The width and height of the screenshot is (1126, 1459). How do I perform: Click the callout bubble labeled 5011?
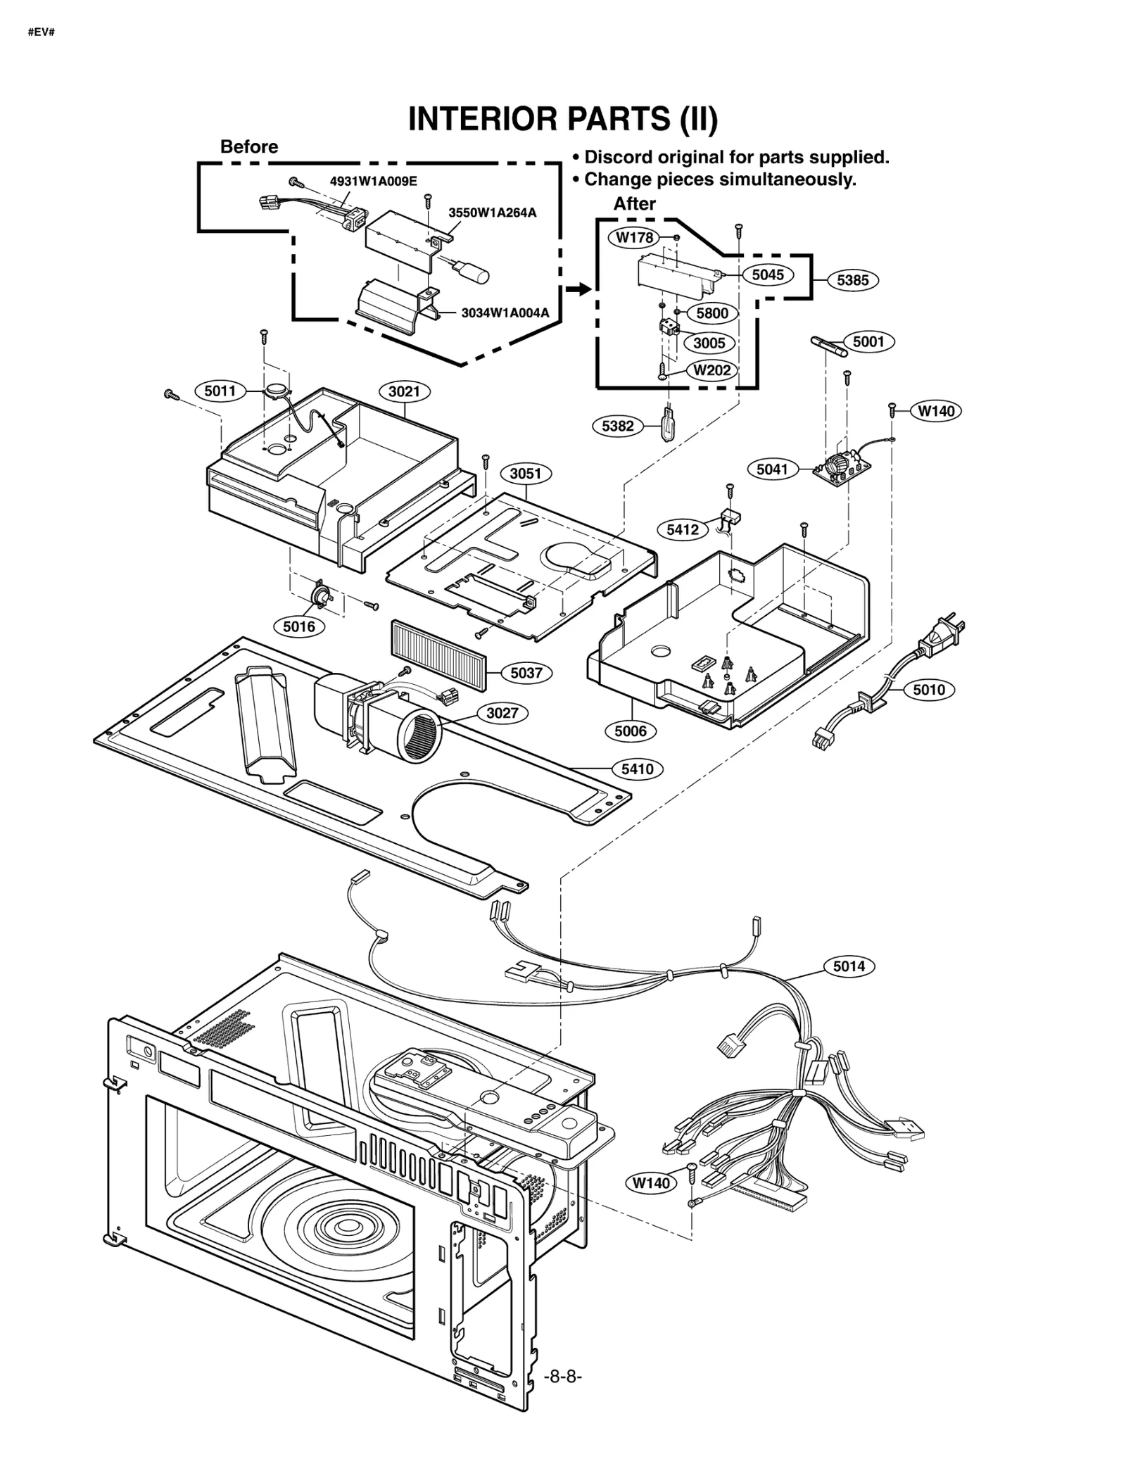(220, 391)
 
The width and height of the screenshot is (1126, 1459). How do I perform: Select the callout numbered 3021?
(404, 391)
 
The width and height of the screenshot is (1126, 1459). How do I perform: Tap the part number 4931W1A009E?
(373, 182)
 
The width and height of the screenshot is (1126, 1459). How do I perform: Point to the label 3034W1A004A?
(505, 312)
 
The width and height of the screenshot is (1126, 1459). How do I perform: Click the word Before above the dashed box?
(249, 146)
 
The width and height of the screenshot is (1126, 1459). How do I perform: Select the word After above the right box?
(634, 203)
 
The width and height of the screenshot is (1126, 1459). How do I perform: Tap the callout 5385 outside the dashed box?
(852, 280)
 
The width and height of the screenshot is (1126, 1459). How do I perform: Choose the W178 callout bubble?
(634, 238)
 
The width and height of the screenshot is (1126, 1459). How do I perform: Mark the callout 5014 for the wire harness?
(849, 966)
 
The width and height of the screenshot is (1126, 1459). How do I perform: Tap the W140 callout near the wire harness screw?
(651, 1183)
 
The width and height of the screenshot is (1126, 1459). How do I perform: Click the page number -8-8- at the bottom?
(563, 1376)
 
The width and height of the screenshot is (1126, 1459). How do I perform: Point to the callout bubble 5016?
(299, 626)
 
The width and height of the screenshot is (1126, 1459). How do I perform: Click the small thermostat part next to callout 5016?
(322, 595)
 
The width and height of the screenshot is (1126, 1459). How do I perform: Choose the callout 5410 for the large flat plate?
(637, 769)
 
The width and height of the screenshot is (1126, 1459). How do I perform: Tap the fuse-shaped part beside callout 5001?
(830, 346)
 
